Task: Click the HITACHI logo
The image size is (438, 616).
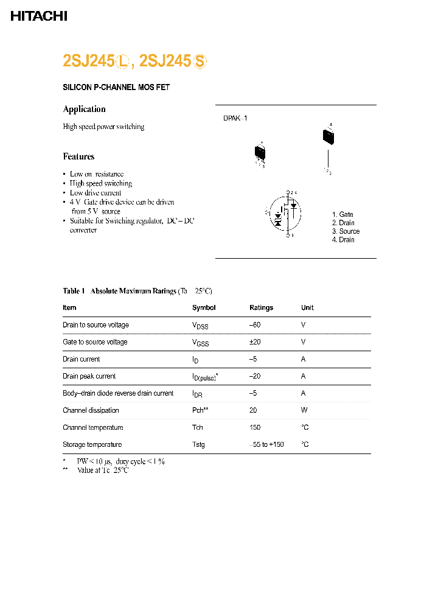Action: pos(38,16)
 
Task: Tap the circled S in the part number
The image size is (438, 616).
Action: pos(200,61)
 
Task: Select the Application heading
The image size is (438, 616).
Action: pos(84,109)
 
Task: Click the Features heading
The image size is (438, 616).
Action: pos(78,156)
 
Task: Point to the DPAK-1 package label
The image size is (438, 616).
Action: pos(235,119)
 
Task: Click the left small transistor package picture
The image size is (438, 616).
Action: pos(260,153)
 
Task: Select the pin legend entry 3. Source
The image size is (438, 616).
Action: pos(346,231)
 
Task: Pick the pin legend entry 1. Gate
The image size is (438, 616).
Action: pos(342,214)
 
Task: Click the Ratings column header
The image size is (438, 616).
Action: pos(261,308)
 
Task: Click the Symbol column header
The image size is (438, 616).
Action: pos(204,308)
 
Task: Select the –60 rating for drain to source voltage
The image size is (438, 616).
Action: pos(255,325)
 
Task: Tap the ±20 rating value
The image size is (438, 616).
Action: pos(255,342)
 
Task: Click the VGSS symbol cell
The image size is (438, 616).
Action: pos(200,343)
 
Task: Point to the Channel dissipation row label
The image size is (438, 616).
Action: pos(91,410)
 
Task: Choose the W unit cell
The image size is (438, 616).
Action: pos(304,410)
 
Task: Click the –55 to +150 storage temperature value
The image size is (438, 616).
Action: pos(266,444)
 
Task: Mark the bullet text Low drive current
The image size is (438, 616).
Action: pos(96,193)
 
